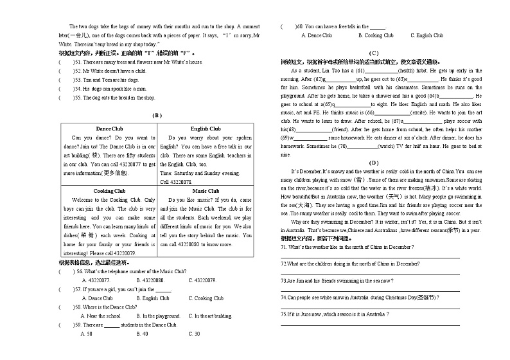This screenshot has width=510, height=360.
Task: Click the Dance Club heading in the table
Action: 109,129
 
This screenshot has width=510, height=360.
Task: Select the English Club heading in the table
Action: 206,129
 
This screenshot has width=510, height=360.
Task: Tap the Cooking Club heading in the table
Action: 109,191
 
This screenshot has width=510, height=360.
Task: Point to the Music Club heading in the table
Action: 206,191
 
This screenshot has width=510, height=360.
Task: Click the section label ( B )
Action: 156,115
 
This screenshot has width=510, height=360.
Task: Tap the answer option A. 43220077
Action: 96,280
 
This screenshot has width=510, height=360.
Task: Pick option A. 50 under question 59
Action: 87,334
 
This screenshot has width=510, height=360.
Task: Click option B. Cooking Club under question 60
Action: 376,35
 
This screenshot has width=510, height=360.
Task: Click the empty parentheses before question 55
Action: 65,98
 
